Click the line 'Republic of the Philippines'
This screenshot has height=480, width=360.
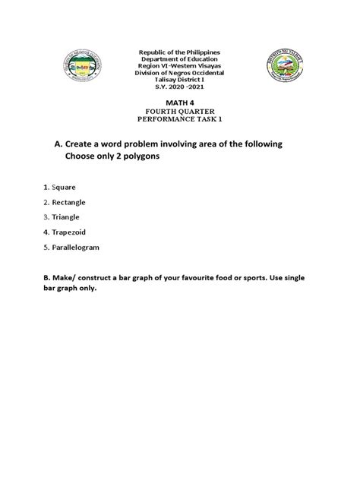click(180, 51)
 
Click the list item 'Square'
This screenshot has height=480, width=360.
click(62, 186)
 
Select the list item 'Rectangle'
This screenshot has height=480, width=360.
click(68, 203)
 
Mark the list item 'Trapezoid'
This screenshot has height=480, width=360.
click(68, 232)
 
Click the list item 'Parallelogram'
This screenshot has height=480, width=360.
click(74, 248)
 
